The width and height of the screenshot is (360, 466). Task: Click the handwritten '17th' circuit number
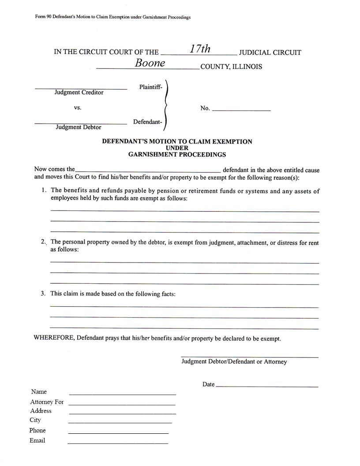[200, 49]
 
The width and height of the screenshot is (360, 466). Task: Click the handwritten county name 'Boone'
[150, 63]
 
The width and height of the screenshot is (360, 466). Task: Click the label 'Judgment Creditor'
[79, 92]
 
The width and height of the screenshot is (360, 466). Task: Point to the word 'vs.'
[78, 107]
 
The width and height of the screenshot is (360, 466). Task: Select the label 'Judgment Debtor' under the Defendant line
[79, 127]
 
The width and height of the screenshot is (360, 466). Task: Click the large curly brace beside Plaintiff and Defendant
[165, 106]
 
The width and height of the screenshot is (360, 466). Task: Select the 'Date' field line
[267, 387]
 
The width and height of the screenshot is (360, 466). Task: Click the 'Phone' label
[37, 430]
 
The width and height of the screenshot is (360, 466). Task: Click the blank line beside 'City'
[120, 422]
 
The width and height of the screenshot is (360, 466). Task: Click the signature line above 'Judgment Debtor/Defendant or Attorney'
[249, 357]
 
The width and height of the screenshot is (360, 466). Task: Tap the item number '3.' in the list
[43, 293]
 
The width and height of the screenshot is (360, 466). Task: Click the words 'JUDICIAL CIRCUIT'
[270, 53]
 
